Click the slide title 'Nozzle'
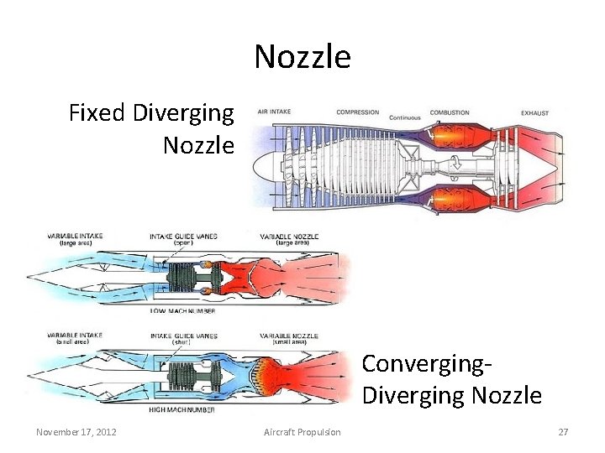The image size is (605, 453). pyautogui.click(x=302, y=57)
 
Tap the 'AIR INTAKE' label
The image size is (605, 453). pyautogui.click(x=275, y=112)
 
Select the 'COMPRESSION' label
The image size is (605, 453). pyautogui.click(x=357, y=112)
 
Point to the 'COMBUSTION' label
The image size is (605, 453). pyautogui.click(x=450, y=112)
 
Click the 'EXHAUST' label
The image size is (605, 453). pyautogui.click(x=534, y=112)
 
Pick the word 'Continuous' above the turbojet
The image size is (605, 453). pyautogui.click(x=404, y=118)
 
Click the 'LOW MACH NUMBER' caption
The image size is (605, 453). pyautogui.click(x=182, y=311)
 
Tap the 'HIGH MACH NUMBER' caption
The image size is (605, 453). pyautogui.click(x=183, y=410)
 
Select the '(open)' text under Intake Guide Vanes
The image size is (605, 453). pyautogui.click(x=183, y=243)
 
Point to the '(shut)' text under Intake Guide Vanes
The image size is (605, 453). pyautogui.click(x=183, y=342)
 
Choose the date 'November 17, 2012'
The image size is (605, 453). pyautogui.click(x=76, y=432)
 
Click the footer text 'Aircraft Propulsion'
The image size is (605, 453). pyautogui.click(x=302, y=432)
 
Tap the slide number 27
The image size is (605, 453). pyautogui.click(x=563, y=432)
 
